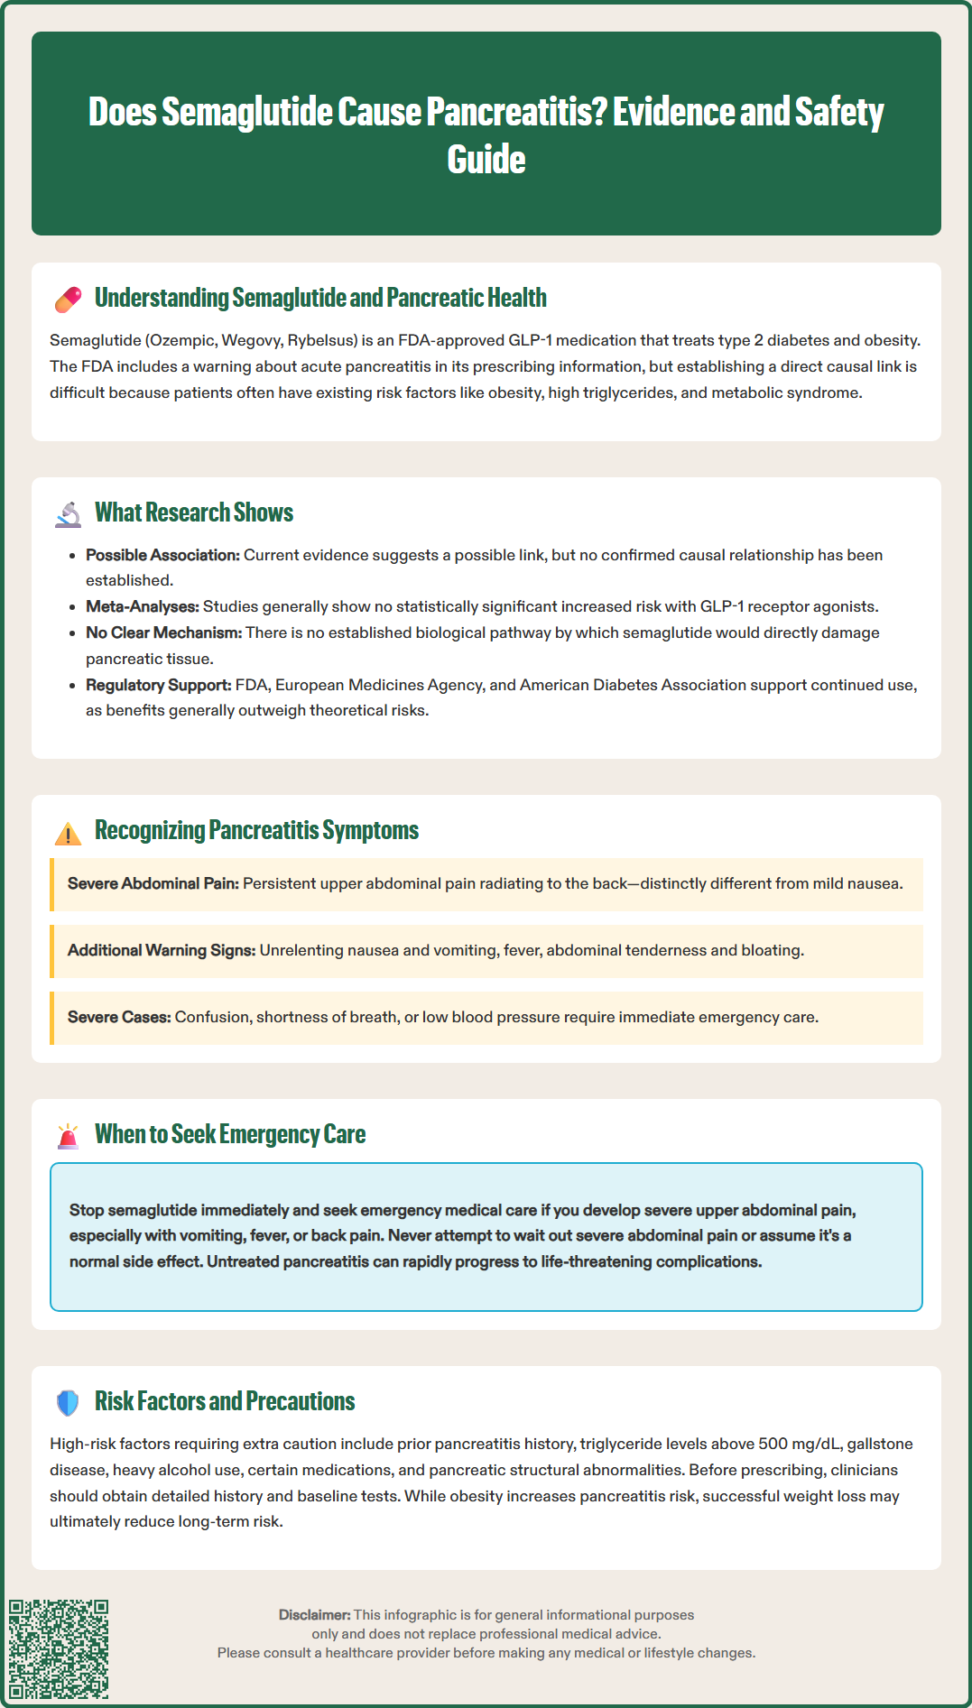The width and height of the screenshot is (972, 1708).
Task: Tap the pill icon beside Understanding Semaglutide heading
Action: click(x=68, y=300)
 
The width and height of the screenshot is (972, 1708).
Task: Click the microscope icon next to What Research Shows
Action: click(x=68, y=513)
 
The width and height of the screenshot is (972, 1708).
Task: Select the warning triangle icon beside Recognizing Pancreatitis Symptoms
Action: click(x=68, y=833)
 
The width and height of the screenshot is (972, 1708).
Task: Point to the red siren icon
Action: click(x=68, y=1136)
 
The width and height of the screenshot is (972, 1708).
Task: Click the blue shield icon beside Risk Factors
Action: click(x=68, y=1402)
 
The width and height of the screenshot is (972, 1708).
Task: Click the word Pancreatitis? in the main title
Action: click(x=515, y=112)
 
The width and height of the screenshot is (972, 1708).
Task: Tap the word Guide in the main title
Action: click(x=486, y=160)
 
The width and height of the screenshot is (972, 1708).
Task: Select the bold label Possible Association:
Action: click(x=162, y=555)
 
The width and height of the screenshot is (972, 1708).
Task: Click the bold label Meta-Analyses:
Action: click(x=142, y=606)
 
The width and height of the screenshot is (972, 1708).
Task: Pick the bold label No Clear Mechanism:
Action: click(x=163, y=632)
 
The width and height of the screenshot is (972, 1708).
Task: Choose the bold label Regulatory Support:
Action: click(x=158, y=685)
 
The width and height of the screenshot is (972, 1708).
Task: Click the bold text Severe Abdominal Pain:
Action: click(x=153, y=883)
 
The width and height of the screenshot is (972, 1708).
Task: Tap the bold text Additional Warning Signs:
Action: click(x=162, y=950)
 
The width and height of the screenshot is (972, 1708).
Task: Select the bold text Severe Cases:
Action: click(x=119, y=1017)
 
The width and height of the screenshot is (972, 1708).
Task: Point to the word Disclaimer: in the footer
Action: click(x=314, y=1614)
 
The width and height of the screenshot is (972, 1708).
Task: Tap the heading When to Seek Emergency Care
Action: click(x=230, y=1134)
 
